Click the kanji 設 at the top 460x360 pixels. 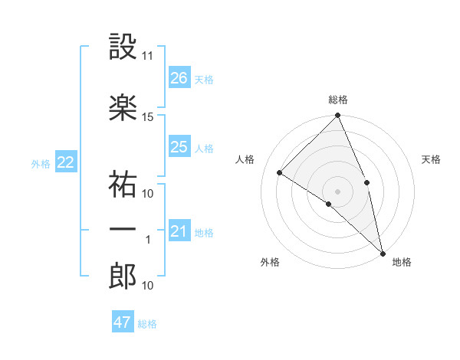pos(123,48)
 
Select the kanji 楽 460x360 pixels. pos(123,108)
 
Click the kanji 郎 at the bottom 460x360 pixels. pos(123,277)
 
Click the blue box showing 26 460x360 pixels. pos(179,78)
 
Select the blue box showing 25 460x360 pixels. pos(179,147)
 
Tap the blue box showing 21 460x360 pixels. pos(179,231)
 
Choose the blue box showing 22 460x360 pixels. pos(66,162)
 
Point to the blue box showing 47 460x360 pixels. pos(123,322)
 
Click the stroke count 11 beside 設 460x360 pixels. pos(148,56)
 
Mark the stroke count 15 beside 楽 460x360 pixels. pos(148,116)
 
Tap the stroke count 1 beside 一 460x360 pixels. pos(148,240)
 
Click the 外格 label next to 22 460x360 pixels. pos(40,163)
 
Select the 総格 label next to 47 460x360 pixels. pos(147,324)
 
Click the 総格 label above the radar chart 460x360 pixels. pos(338,100)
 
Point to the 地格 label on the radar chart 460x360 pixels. pos(402,262)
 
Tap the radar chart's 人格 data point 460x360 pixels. pos(280,172)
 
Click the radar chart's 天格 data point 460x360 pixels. pos(367,182)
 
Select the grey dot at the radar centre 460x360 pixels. pos(338,191)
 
